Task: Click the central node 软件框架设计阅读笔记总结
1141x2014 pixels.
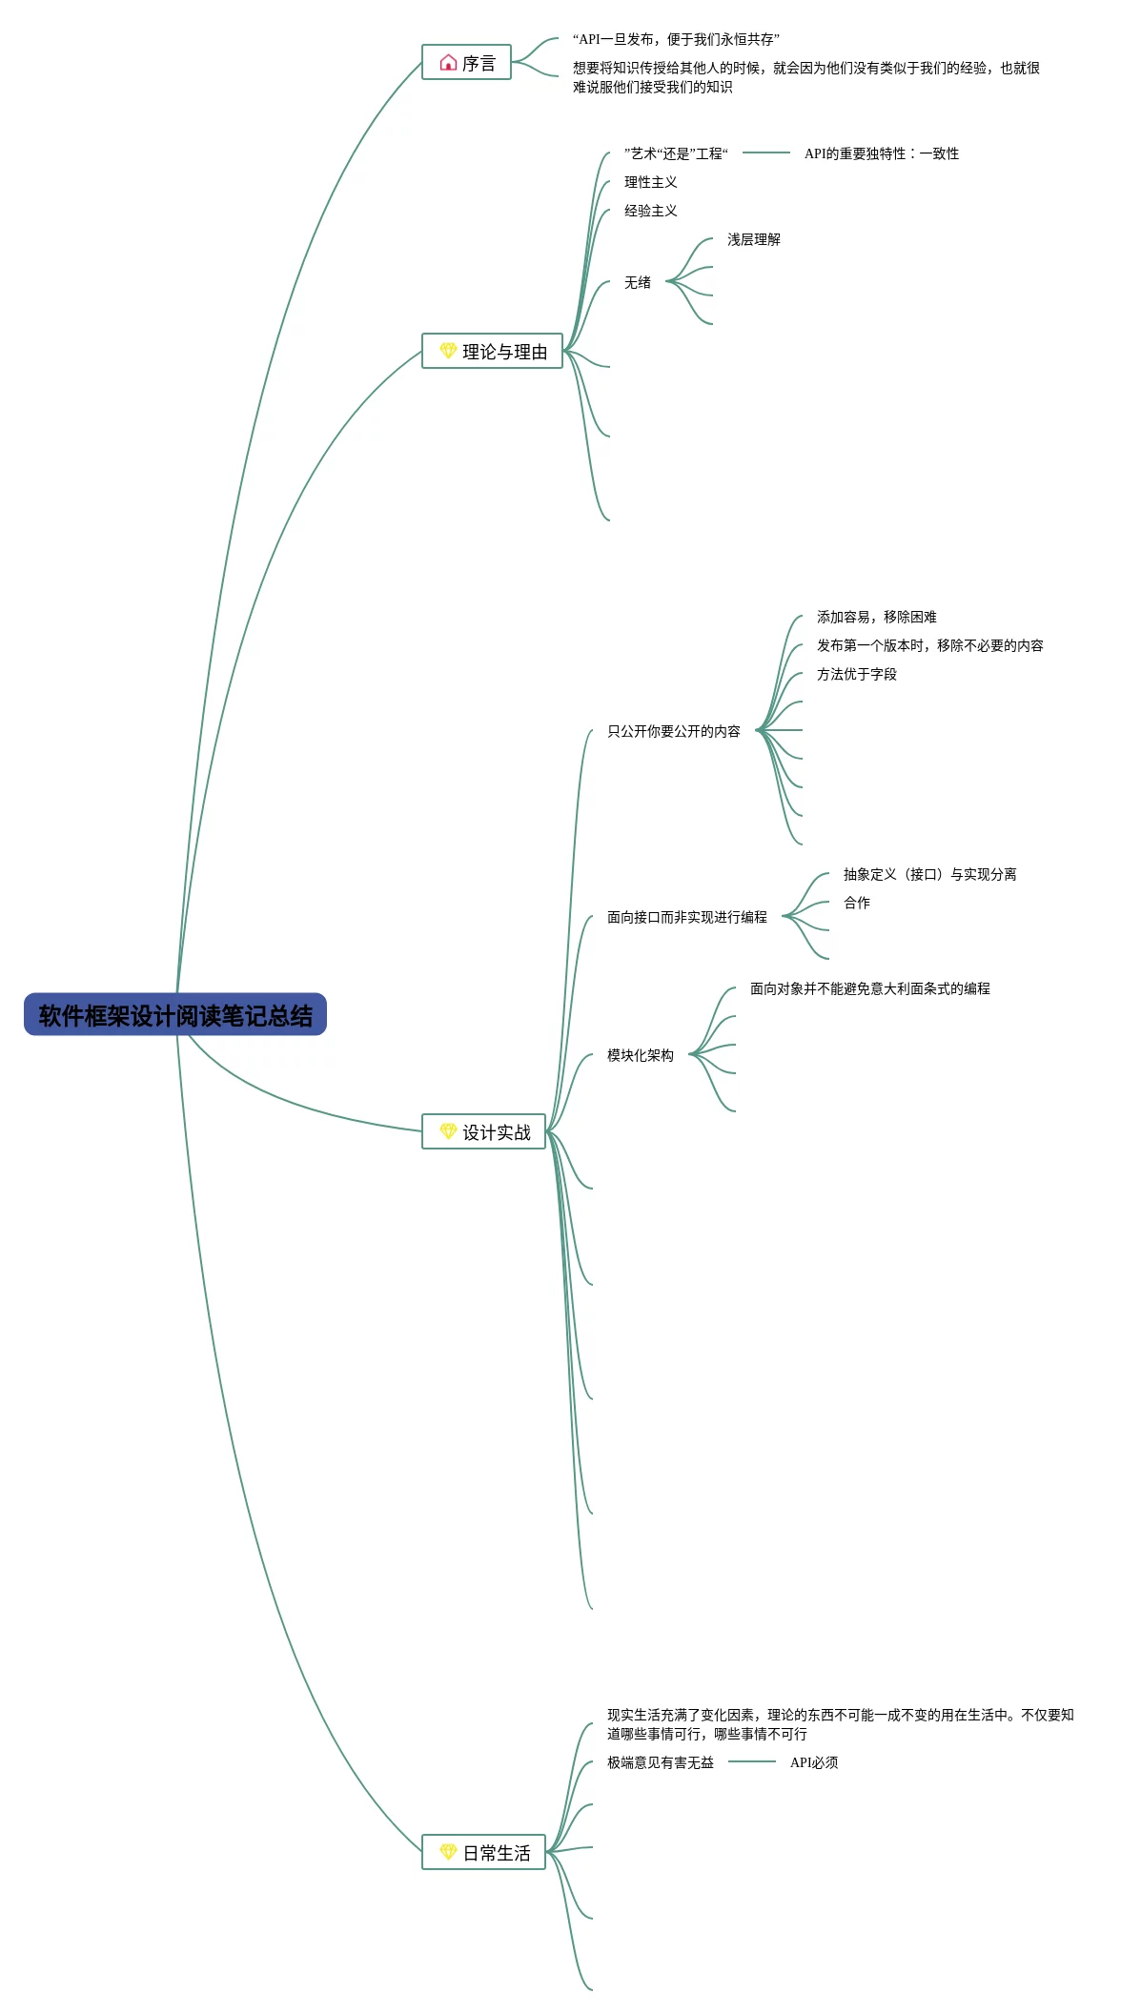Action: coord(175,1015)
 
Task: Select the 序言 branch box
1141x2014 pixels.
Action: coord(466,63)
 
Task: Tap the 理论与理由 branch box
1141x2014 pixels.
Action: coord(492,352)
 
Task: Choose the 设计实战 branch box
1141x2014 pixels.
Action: coord(483,1132)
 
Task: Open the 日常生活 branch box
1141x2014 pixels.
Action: coord(483,1853)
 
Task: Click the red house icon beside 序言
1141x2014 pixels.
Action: coord(448,63)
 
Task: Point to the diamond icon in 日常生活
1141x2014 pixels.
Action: coord(448,1852)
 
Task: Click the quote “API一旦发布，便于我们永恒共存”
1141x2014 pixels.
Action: coord(676,39)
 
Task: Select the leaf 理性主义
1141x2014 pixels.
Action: coord(651,182)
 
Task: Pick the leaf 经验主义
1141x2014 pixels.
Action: coord(651,211)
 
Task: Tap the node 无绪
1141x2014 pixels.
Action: coord(638,282)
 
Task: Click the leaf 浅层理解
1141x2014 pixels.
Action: coord(754,239)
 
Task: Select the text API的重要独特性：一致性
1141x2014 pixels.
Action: coord(882,153)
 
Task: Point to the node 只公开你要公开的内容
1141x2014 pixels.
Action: coord(674,731)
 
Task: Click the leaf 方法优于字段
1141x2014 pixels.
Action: coord(857,674)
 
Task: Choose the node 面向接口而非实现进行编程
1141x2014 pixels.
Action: coord(687,917)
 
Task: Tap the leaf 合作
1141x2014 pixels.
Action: coord(857,903)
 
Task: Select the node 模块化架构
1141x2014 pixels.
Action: coord(641,1055)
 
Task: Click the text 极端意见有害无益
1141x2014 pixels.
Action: coord(661,1762)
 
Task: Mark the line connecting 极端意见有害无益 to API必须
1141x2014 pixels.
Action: coord(752,1761)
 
